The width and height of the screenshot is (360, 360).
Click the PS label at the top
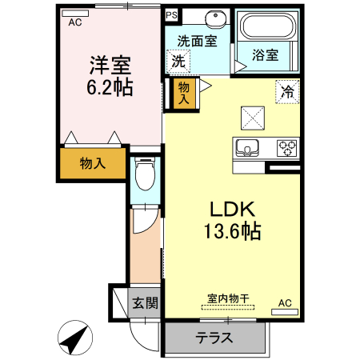click(x=171, y=15)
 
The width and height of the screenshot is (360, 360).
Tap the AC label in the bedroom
click(x=75, y=22)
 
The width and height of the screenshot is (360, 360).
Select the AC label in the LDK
click(x=286, y=303)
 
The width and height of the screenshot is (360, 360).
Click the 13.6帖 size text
click(x=232, y=232)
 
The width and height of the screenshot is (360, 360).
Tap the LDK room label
click(x=232, y=210)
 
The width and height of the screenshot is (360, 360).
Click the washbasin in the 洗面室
click(x=212, y=18)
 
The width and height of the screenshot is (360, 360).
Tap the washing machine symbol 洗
click(x=177, y=59)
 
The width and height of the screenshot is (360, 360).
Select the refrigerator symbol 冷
click(x=286, y=92)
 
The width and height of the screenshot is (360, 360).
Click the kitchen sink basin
click(x=246, y=146)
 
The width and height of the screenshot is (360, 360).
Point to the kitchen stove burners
click(x=286, y=147)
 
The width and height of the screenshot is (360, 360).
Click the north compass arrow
click(x=75, y=339)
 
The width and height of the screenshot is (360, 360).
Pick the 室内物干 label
click(x=228, y=298)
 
